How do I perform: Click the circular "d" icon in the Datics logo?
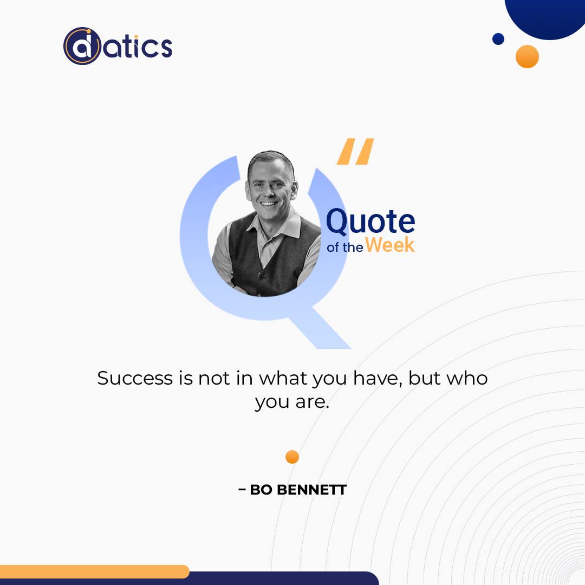(82, 46)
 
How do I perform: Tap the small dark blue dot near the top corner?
(498, 39)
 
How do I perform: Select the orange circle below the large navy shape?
(527, 56)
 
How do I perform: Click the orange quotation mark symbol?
(355, 151)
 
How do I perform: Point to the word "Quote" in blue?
(370, 222)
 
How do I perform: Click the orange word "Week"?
(389, 245)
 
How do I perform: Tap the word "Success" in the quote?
(135, 378)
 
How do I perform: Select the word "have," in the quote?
(378, 378)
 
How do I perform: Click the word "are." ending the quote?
(313, 402)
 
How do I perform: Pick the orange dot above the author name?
(292, 457)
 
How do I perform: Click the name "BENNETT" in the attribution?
(312, 490)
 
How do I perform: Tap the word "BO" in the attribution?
(261, 490)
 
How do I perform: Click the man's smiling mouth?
(269, 204)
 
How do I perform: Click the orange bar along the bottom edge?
(94, 571)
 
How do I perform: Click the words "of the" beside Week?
(344, 248)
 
